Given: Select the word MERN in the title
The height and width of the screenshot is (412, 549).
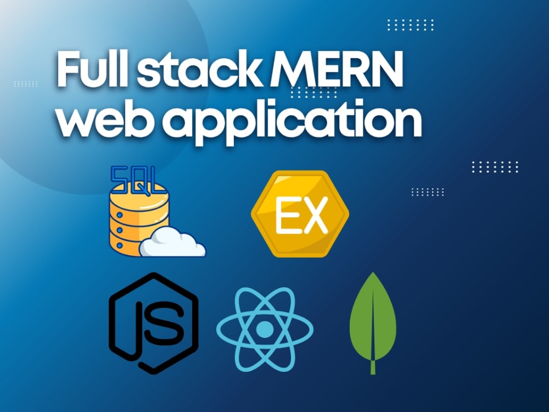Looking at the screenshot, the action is pyautogui.click(x=336, y=69).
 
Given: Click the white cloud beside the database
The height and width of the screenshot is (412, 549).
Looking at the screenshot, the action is pyautogui.click(x=172, y=242).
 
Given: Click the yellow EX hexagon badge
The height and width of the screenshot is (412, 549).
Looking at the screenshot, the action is pyautogui.click(x=300, y=214).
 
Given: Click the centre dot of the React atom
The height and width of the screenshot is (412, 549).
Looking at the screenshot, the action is pyautogui.click(x=265, y=329).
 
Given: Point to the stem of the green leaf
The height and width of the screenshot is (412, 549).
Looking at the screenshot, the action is pyautogui.click(x=373, y=367).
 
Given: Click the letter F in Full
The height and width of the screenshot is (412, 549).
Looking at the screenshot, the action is pyautogui.click(x=68, y=69).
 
